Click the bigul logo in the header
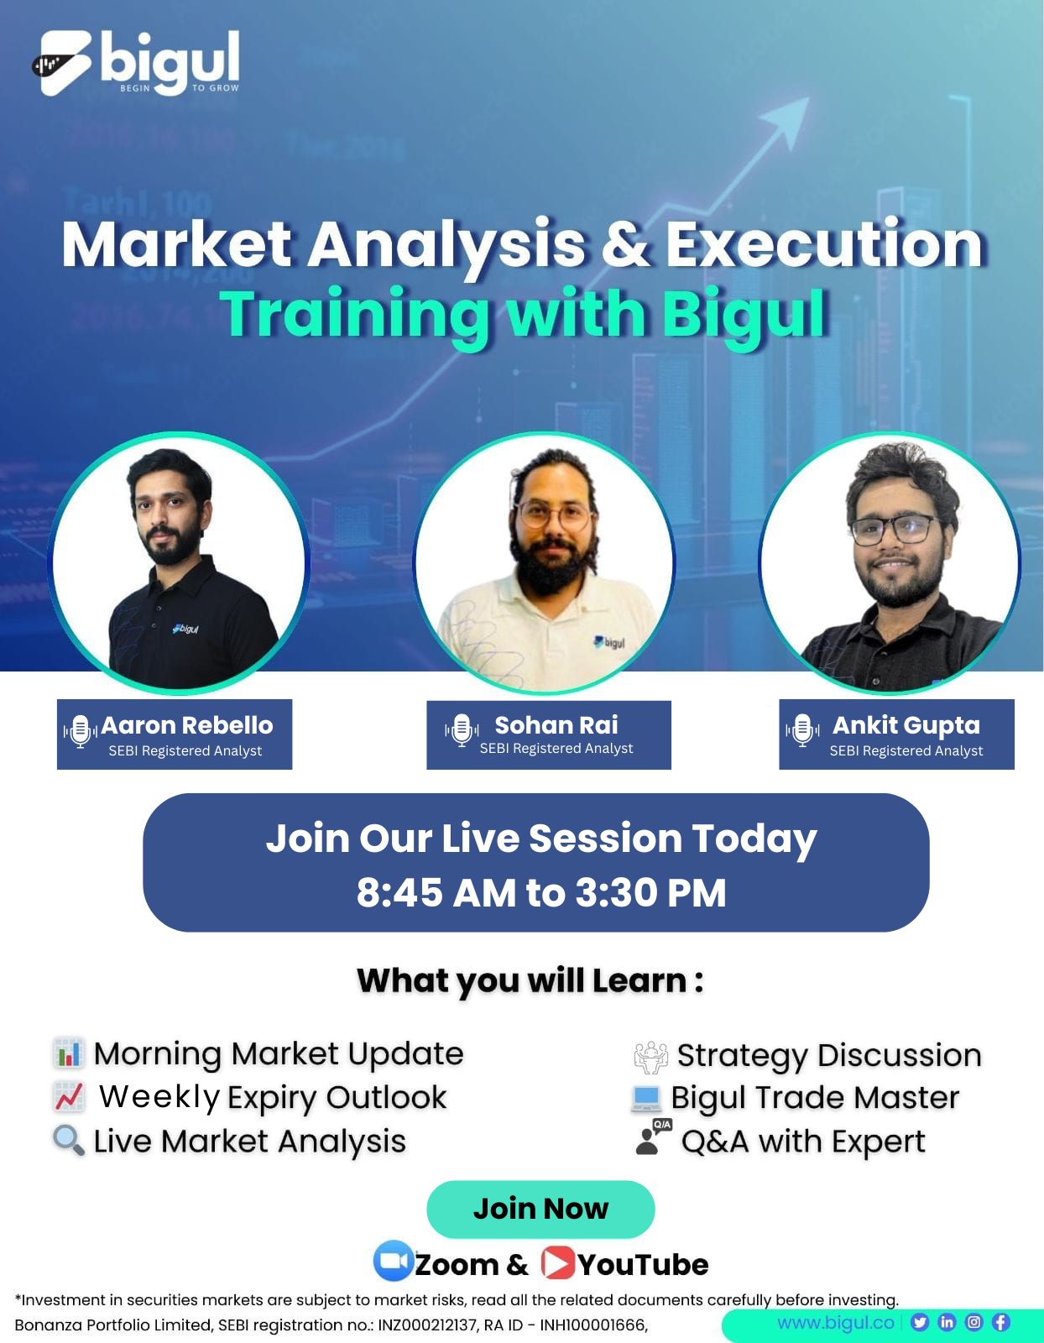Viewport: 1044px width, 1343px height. pos(136,63)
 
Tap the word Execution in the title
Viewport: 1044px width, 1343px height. pos(825,245)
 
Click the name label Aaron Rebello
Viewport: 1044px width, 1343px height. pos(186,725)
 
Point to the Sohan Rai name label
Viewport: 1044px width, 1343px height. pos(556,725)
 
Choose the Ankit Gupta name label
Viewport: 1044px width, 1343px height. pos(906,725)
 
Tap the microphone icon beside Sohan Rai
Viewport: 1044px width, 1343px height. pos(462,730)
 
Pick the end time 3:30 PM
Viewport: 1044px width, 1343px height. pos(650,892)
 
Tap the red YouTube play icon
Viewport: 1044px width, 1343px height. pos(558,1262)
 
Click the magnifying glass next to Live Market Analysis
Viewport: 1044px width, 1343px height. pos(69,1140)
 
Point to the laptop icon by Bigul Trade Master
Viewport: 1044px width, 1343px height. pos(646,1098)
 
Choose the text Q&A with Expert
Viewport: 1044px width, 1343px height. pos(803,1142)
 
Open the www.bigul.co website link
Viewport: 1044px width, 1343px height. pos(835,1322)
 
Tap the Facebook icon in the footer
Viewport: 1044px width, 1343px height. pos(1000,1322)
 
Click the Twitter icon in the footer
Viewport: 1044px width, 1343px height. pos(920,1322)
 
